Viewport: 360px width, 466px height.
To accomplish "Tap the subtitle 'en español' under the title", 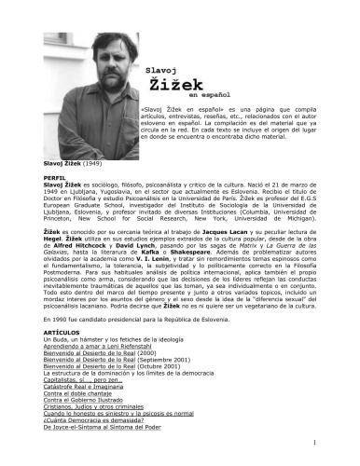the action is (206, 97).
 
